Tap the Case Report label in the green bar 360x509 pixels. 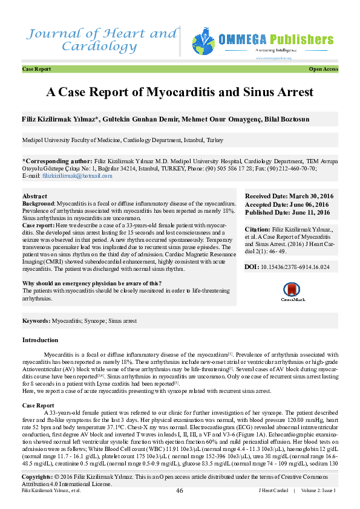coord(36,70)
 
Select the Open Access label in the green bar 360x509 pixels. coord(323,70)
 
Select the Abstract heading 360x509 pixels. coord(34,196)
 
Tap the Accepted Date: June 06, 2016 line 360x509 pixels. coord(287,205)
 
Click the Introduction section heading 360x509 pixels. coord(40,341)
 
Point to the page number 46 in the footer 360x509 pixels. coord(180,490)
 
